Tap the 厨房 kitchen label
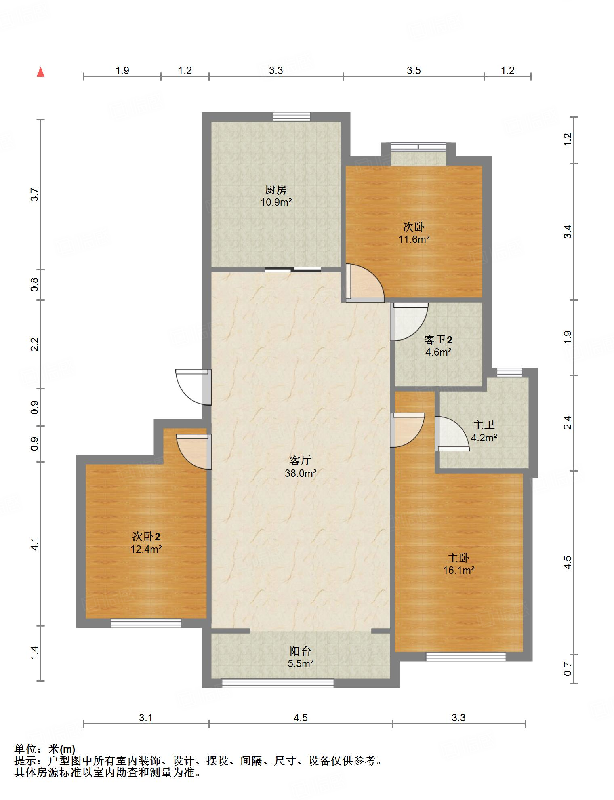tap(276, 189)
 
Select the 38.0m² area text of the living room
tap(301, 473)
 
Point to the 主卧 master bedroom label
tap(458, 558)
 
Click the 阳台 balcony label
tap(301, 651)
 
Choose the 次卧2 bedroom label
tap(146, 537)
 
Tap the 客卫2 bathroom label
tap(438, 339)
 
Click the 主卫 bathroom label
tap(484, 425)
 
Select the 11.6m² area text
tap(414, 239)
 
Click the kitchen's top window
tap(292, 117)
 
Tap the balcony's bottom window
tap(278, 683)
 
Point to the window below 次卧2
tap(146, 623)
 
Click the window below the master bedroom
tap(466, 657)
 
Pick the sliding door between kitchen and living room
tap(293, 269)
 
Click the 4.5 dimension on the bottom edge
tap(301, 718)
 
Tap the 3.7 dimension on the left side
tap(35, 195)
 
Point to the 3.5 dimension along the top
tap(414, 71)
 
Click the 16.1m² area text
tap(458, 571)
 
